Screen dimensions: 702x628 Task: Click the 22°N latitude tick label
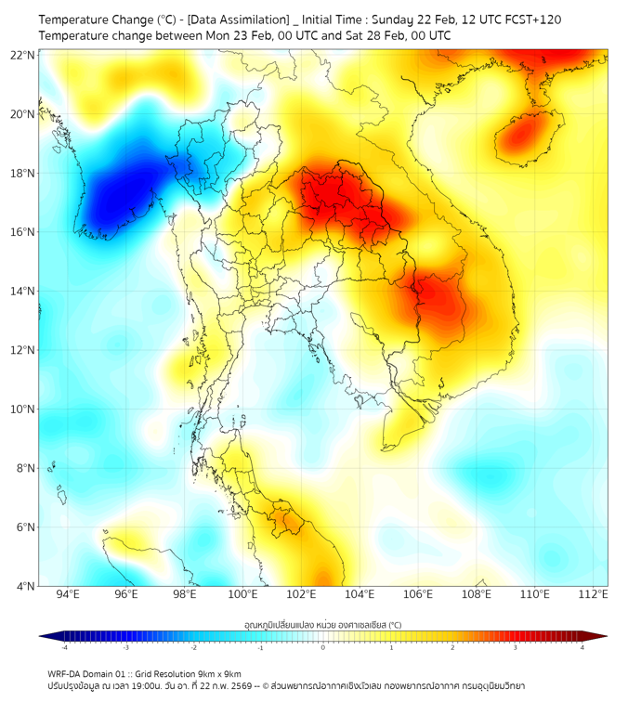point(21,54)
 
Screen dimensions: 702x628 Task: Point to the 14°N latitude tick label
point(21,292)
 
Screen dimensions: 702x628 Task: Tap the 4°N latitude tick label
point(24,586)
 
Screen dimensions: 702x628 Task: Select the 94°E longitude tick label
point(68,594)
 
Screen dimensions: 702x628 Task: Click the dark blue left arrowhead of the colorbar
point(45,636)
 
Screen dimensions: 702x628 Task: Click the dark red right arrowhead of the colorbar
point(601,636)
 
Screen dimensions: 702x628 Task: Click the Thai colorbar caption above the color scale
point(322,624)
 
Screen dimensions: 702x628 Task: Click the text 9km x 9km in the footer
point(219,673)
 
